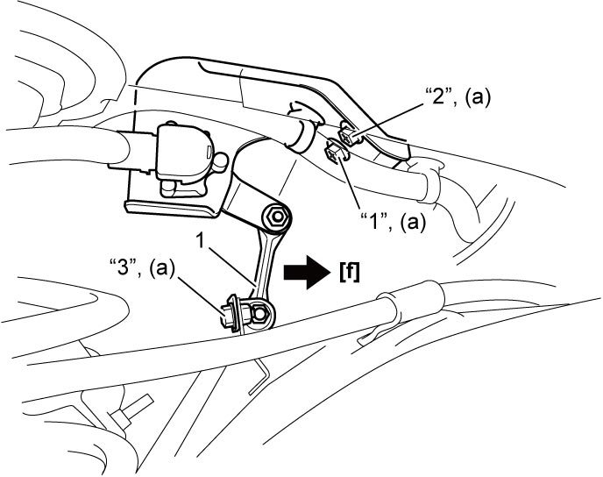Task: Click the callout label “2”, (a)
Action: tap(457, 96)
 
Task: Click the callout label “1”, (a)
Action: tap(393, 222)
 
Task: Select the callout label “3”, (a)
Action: tap(142, 268)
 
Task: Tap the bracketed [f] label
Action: tap(350, 273)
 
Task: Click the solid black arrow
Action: tap(307, 272)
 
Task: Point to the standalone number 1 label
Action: tap(200, 240)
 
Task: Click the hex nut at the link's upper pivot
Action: tap(276, 217)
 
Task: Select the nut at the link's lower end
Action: tap(261, 314)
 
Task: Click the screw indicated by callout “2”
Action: tap(348, 135)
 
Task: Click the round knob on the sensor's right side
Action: tap(220, 161)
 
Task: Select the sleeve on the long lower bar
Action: tap(411, 298)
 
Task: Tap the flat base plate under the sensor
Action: tap(172, 207)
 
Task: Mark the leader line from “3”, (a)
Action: tap(201, 295)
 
